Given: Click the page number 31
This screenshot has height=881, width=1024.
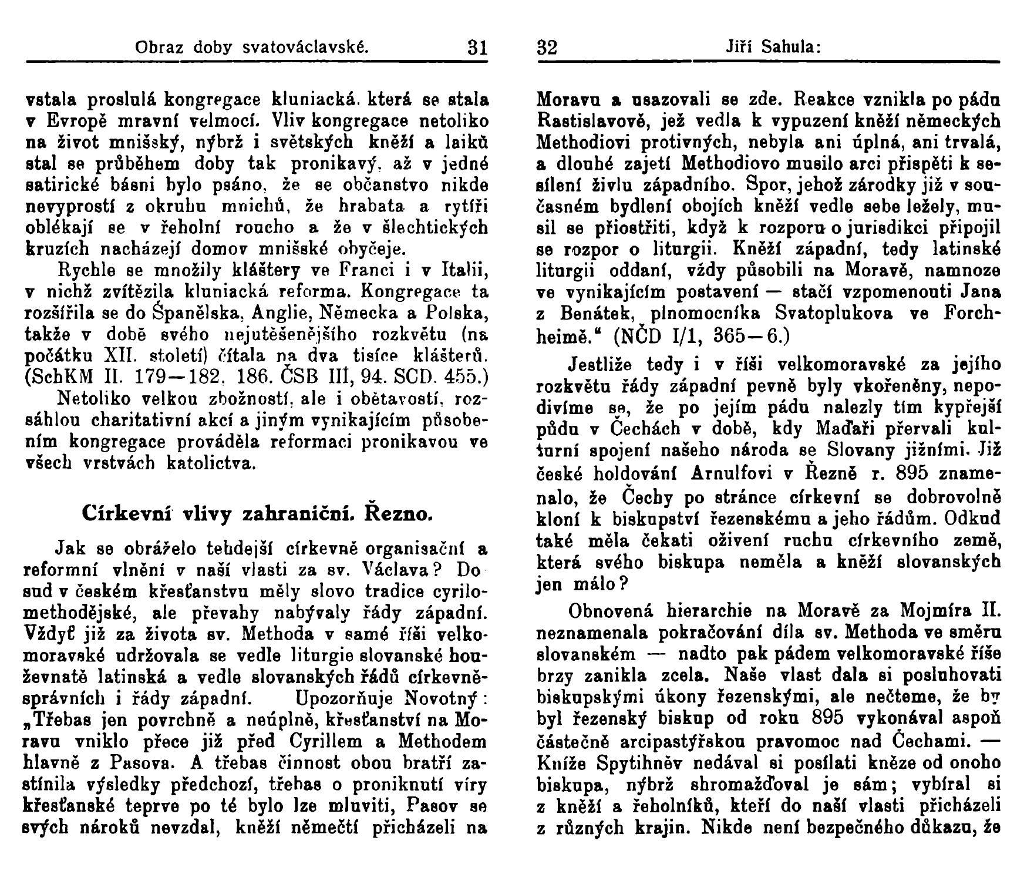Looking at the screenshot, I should coord(476,47).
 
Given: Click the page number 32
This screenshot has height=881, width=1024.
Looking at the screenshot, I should coord(546,47).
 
